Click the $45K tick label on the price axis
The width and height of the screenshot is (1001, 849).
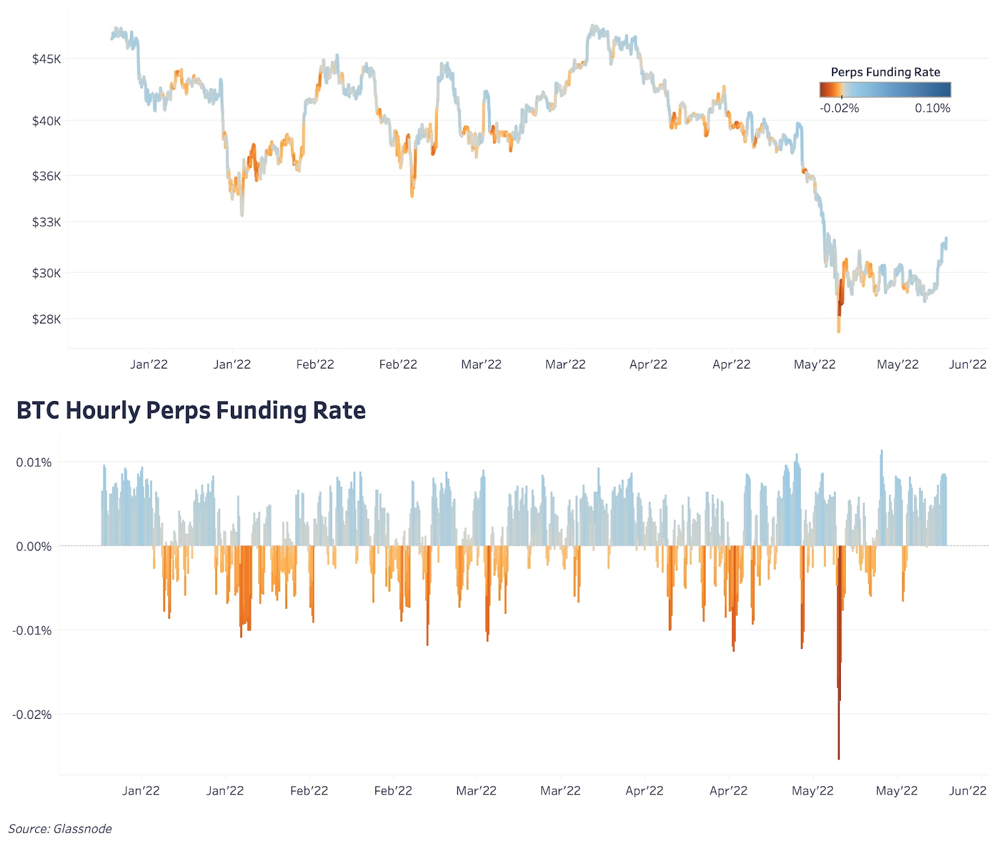[x=47, y=59]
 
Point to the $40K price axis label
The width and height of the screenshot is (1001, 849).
[x=47, y=121]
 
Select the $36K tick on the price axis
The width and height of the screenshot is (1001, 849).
[x=47, y=176]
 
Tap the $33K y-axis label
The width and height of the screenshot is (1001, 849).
[x=47, y=222]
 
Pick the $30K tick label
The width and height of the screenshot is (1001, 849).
[x=47, y=273]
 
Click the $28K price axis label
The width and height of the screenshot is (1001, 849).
[x=47, y=319]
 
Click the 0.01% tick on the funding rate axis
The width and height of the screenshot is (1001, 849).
[x=34, y=462]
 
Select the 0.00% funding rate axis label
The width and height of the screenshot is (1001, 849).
[x=34, y=546]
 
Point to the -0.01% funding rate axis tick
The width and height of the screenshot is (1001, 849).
[x=32, y=630]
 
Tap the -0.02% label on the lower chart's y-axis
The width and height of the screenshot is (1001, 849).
[x=32, y=714]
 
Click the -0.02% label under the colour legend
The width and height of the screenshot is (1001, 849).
[x=839, y=108]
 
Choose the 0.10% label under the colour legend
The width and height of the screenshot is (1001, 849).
[x=932, y=108]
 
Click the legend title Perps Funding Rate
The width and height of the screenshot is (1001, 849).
[x=885, y=72]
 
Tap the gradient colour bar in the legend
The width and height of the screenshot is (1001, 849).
[x=885, y=90]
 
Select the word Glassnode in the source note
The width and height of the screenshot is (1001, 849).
[x=83, y=829]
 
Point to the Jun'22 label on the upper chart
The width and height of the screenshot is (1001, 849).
[x=967, y=365]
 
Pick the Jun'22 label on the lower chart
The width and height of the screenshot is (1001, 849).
[x=967, y=791]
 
